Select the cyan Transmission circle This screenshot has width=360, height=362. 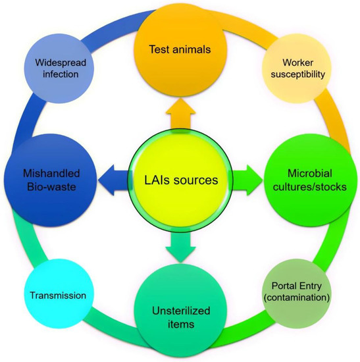(x=57, y=296)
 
